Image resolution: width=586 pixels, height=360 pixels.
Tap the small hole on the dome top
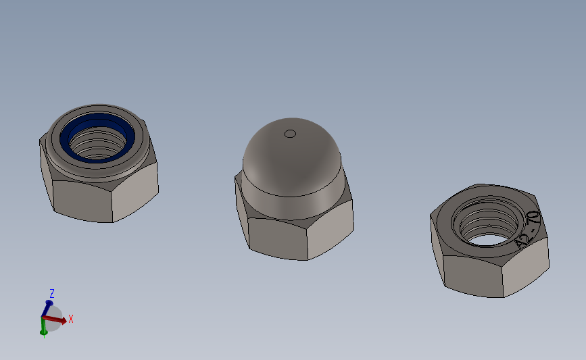(290, 133)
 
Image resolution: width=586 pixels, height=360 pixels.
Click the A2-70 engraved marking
(527, 229)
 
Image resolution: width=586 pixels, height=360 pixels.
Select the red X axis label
(70, 319)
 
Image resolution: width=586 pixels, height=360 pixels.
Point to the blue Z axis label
(51, 294)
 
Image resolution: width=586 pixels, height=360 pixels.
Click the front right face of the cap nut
(330, 230)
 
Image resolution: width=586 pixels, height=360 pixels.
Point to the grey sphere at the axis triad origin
(54, 317)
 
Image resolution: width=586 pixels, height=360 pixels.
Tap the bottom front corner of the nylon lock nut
(112, 222)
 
